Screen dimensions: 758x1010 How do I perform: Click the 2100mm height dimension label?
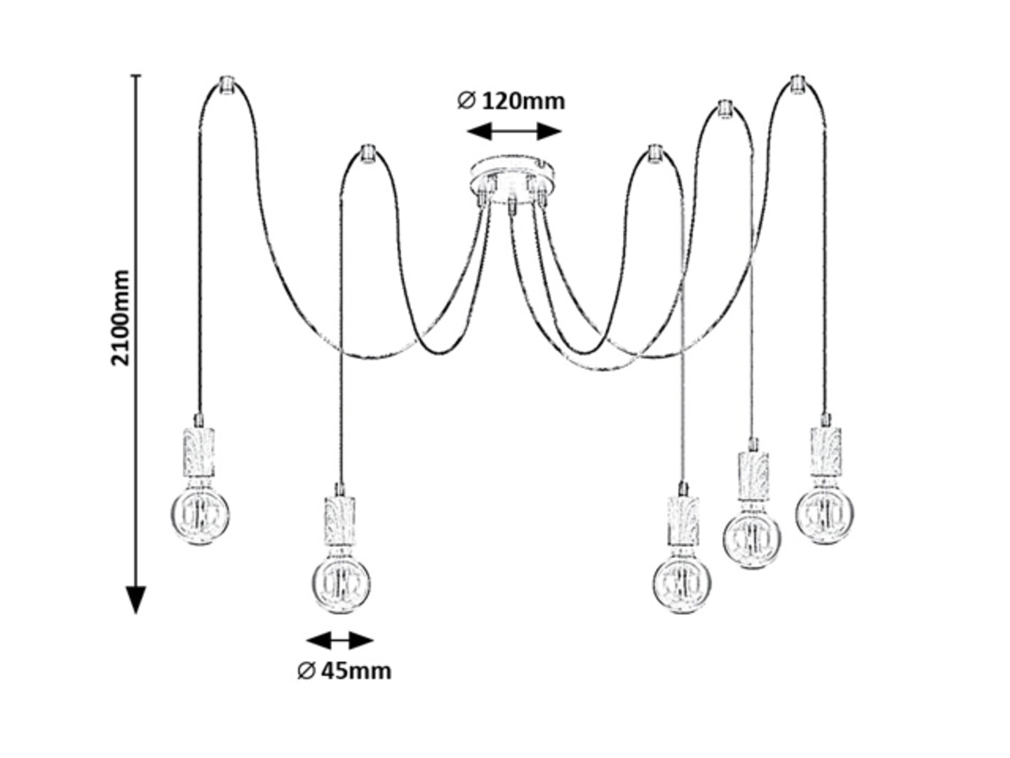pos(121,317)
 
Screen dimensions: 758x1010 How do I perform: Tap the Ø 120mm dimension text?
pos(511,101)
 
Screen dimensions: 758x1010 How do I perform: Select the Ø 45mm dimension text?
pos(344,671)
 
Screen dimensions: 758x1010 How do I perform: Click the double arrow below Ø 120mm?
pos(514,131)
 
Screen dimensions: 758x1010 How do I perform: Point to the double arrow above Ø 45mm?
pos(340,640)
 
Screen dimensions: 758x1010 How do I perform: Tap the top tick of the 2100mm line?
pos(136,75)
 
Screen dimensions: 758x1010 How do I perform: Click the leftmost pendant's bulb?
pos(201,515)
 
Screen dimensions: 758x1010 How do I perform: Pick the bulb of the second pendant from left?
pos(342,583)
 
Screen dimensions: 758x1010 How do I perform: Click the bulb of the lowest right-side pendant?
pos(682,583)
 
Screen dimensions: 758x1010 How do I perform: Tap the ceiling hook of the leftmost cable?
pos(226,84)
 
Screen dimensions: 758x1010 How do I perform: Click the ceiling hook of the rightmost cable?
pos(797,84)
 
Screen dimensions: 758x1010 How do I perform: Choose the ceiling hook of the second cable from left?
pos(365,154)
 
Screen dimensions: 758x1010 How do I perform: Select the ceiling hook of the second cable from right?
pos(724,109)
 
